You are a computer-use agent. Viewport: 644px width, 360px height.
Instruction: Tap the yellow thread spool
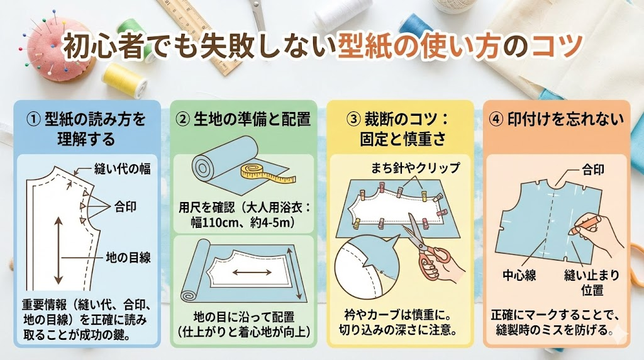click(x=125, y=80)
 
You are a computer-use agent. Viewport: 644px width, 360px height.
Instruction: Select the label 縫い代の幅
click(x=123, y=169)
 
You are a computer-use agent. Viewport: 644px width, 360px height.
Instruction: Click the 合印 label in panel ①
click(x=125, y=206)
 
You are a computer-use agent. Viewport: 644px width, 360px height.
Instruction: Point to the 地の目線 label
click(x=128, y=257)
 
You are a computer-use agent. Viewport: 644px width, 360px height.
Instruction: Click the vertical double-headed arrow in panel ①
click(x=58, y=250)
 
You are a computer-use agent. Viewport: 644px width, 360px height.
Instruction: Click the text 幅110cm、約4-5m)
click(x=243, y=222)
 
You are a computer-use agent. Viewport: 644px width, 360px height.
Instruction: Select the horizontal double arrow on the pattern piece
click(x=252, y=272)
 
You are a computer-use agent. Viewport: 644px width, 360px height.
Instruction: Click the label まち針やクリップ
click(x=415, y=167)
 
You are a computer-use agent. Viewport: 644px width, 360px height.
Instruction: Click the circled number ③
click(x=353, y=119)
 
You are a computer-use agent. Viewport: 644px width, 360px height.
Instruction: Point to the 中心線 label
click(x=519, y=275)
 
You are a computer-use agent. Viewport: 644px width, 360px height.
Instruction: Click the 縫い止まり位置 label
click(x=591, y=283)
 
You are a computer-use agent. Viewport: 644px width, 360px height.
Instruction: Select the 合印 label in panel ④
click(x=593, y=169)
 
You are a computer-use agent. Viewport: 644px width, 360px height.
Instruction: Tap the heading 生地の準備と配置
click(x=252, y=119)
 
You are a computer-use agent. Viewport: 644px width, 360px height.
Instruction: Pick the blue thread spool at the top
click(x=416, y=23)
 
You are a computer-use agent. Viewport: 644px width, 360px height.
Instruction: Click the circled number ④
click(x=497, y=119)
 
